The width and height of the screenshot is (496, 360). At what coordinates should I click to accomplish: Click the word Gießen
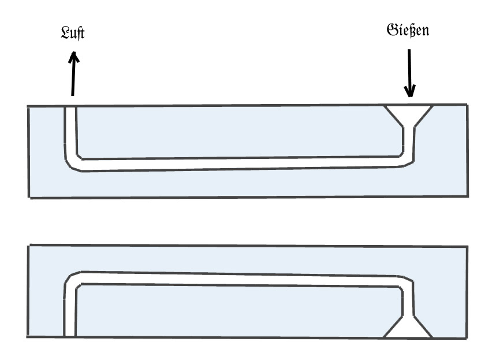[408, 29]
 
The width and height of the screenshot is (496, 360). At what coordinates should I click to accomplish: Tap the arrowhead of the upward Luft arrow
[73, 56]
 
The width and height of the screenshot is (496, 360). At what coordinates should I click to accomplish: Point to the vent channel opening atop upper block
[69, 107]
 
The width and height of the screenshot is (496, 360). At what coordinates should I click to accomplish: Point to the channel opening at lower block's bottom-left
[69, 334]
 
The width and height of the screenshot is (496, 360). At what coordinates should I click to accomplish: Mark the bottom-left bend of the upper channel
[73, 163]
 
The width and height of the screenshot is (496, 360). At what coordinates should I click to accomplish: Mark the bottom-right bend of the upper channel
[407, 160]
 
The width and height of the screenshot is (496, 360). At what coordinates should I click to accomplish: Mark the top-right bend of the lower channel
[406, 281]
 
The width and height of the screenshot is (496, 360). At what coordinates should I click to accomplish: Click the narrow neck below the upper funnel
[409, 139]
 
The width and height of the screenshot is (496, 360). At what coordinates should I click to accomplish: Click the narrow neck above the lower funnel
[408, 303]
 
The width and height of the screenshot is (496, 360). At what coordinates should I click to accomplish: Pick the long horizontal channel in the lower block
[240, 279]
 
